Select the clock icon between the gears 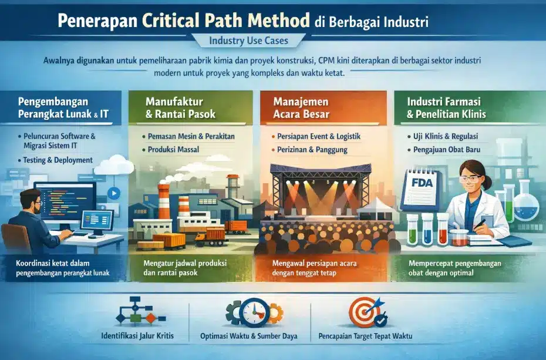click(x=255, y=312)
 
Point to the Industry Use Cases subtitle click(x=248, y=41)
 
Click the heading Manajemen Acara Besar click(x=301, y=108)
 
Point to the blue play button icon click(x=113, y=193)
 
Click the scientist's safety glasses click(x=471, y=179)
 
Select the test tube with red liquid click(x=443, y=228)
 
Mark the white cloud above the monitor click(x=114, y=165)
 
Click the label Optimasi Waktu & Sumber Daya click(x=248, y=337)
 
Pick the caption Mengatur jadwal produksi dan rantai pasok click(x=185, y=268)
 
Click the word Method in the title click(x=278, y=20)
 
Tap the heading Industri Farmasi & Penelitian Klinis click(x=446, y=108)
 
